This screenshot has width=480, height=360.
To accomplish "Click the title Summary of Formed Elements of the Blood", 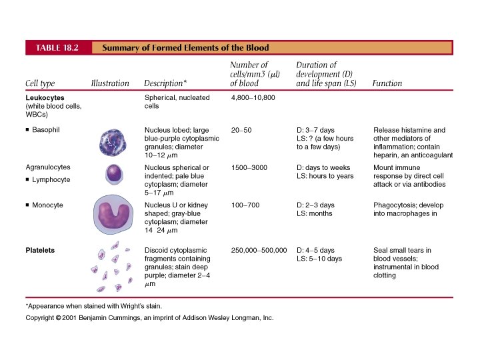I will [x=185, y=47].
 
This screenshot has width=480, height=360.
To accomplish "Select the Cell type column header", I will [x=40, y=83].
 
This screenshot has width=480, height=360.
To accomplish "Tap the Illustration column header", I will [x=109, y=83].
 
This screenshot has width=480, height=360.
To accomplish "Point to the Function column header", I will [x=387, y=83].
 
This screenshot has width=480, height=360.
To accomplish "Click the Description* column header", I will [x=165, y=83].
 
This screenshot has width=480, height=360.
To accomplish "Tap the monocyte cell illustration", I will [x=111, y=215].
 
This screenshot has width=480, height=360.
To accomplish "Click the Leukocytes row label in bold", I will [x=44, y=98].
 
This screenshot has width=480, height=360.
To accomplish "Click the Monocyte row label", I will [x=47, y=205].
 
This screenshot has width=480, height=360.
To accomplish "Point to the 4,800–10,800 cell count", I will [x=253, y=98].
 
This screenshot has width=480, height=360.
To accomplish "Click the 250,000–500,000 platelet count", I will [x=259, y=251].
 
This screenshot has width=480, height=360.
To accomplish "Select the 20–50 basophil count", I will [x=241, y=129].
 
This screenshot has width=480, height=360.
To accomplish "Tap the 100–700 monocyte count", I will [x=244, y=205].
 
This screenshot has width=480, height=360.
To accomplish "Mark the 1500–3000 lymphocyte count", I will [x=249, y=167].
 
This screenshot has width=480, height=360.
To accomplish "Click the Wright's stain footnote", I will [x=94, y=306].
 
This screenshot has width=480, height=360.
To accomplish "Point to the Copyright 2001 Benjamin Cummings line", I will [x=149, y=318].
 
